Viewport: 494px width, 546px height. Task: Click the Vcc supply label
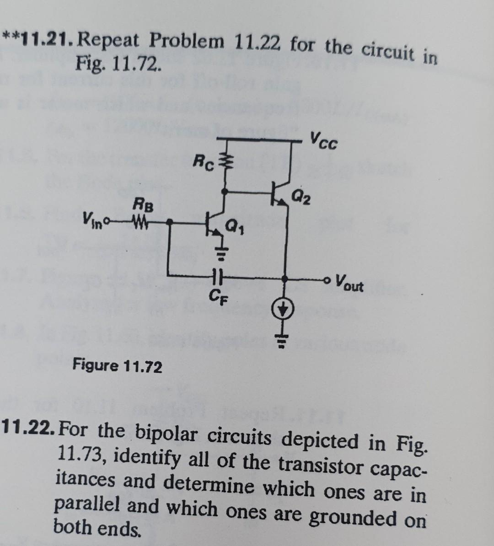coord(324,140)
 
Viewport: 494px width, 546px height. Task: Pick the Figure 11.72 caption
coord(117,366)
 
